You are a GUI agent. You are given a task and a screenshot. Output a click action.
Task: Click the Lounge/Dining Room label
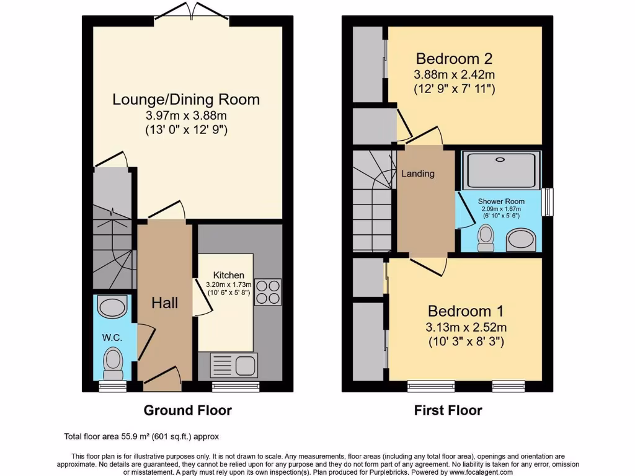pos(186,99)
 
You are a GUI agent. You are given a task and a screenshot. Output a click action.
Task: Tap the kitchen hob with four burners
pos(268,291)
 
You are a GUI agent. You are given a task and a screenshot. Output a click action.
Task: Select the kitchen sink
pos(234,364)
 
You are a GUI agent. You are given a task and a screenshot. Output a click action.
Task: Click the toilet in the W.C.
pos(112,363)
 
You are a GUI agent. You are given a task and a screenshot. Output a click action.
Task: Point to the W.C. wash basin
pos(112,306)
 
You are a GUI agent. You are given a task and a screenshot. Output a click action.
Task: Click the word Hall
pos(165,303)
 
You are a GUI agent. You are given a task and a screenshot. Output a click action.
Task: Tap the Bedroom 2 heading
pos(454,59)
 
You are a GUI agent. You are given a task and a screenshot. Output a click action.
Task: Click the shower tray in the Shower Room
pos(502,170)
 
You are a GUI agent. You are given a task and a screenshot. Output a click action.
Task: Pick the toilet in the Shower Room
pos(486,237)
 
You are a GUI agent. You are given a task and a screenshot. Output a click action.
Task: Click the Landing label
pos(418,174)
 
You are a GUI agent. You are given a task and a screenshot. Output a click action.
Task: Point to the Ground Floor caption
pos(187,410)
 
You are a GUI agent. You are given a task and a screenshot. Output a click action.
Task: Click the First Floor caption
pos(448,410)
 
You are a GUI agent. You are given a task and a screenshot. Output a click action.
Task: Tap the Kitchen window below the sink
pos(235,386)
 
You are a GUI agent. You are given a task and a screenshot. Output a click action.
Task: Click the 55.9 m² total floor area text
pos(141,436)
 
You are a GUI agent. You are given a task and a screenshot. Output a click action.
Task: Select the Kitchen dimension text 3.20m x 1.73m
pos(228,284)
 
